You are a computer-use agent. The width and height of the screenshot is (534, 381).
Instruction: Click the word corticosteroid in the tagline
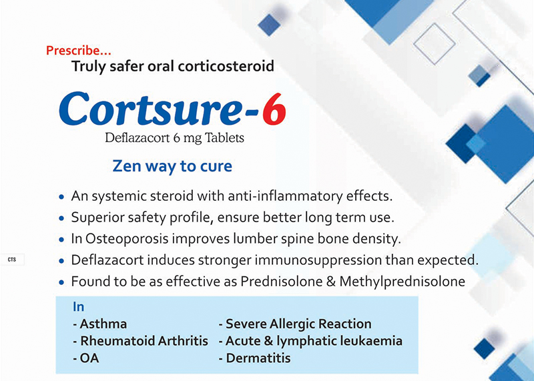[226, 66]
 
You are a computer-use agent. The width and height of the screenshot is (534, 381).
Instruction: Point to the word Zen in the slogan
[127, 167]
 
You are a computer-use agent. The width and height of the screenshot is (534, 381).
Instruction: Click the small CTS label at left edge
[12, 260]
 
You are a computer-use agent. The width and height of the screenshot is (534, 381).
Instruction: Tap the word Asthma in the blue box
[103, 324]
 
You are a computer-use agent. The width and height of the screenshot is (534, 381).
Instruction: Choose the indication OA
[89, 358]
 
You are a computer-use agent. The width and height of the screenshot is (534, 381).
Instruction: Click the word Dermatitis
[258, 358]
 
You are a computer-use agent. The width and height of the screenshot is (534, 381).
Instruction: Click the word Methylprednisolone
[403, 282]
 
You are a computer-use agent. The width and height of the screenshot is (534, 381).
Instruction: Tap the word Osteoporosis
[127, 239]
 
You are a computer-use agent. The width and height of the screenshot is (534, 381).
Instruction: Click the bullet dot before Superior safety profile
[61, 218]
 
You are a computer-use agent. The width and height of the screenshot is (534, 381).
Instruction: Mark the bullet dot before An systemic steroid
[61, 197]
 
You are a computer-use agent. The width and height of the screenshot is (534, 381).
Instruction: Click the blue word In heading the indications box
[78, 307]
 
